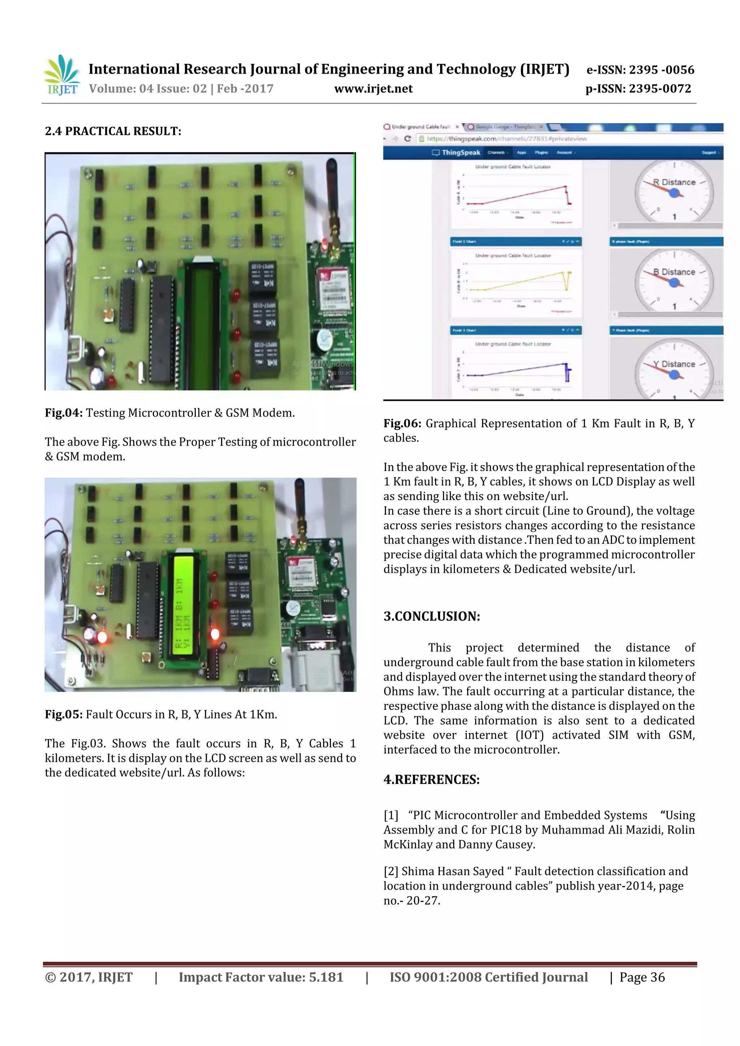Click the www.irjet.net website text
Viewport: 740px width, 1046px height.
pos(373,89)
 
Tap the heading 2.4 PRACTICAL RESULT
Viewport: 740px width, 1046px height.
pos(113,131)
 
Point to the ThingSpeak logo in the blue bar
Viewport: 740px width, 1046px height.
pos(456,153)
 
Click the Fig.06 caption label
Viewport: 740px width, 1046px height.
pos(402,424)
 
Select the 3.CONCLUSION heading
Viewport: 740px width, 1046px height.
pos(431,616)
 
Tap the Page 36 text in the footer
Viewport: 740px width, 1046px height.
pos(642,977)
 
